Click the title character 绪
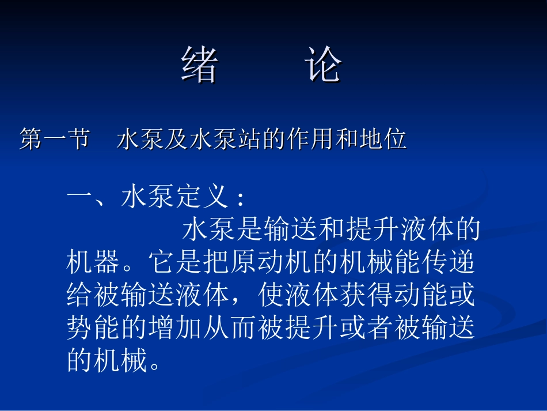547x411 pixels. [x=200, y=65]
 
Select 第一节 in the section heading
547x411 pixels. [x=54, y=139]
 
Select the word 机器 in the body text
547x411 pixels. [x=94, y=263]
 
